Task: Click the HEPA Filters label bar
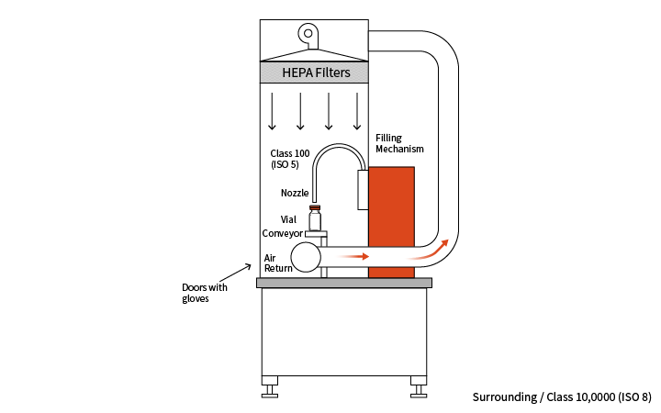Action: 315,73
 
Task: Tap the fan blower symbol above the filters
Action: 310,37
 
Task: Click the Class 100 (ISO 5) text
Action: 291,159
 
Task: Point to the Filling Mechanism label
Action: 399,142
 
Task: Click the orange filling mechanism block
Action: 391,220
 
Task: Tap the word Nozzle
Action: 294,193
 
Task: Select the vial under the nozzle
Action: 315,218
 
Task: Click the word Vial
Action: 288,219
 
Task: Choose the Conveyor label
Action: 282,233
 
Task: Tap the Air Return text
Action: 277,262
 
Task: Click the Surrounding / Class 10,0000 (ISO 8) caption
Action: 561,397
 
